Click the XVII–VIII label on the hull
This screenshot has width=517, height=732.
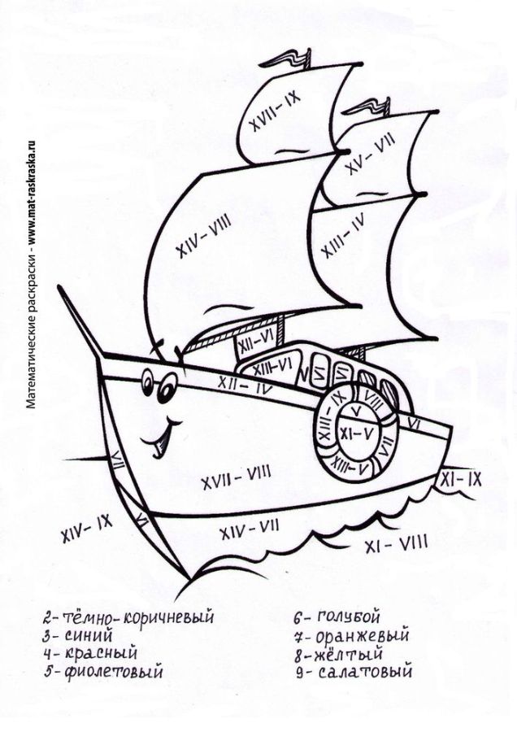(236, 472)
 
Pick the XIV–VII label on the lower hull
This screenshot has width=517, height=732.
(244, 531)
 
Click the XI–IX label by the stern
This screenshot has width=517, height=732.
(460, 481)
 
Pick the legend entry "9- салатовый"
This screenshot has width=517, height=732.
(354, 672)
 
